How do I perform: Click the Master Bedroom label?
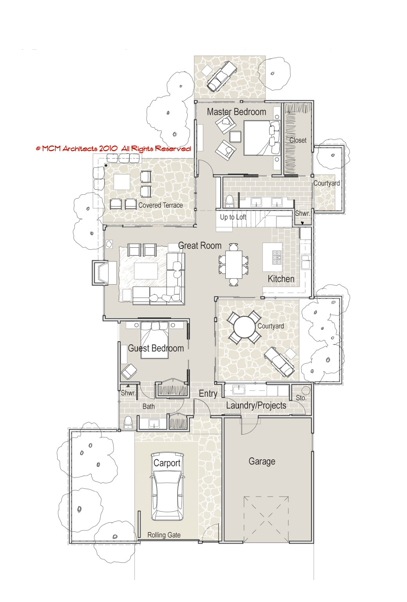[x=237, y=112]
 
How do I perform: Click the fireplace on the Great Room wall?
[x=101, y=273]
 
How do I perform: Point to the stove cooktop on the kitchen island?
[x=277, y=257]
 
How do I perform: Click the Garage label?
[x=262, y=461]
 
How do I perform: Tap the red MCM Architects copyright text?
[x=113, y=149]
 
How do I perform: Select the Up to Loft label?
[x=233, y=217]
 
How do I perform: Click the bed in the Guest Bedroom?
[x=154, y=340]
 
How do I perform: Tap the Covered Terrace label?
[x=160, y=205]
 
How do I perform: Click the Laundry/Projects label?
[x=256, y=406]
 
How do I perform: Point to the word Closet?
[x=298, y=140]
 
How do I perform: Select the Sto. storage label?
[x=301, y=398]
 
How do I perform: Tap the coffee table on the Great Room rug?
[x=146, y=271]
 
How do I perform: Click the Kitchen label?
[x=281, y=279]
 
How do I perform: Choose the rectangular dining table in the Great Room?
[x=234, y=265]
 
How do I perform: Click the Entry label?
[x=208, y=394]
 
